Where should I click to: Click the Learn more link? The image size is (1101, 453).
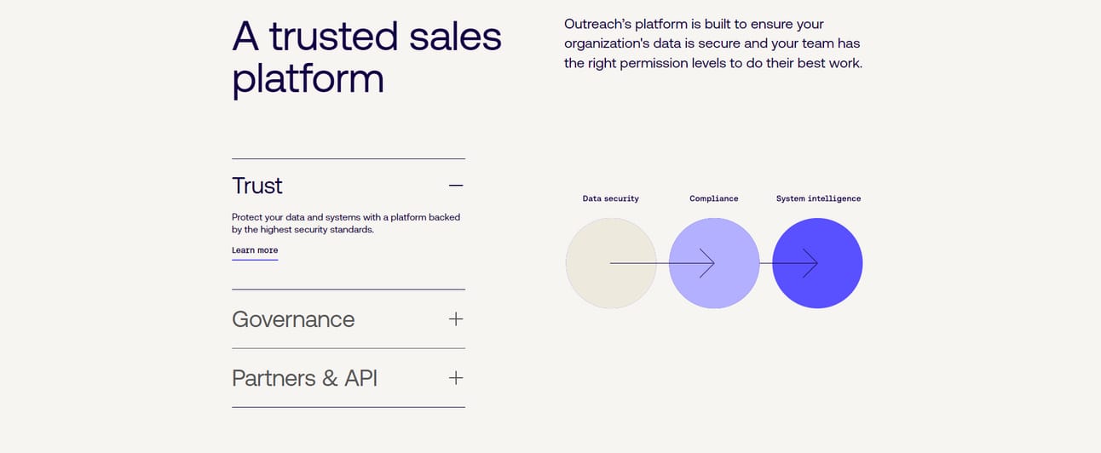255,250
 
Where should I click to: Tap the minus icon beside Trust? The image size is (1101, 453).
456,186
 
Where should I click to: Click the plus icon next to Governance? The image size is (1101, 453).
456,319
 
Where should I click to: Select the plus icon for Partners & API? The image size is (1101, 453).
456,378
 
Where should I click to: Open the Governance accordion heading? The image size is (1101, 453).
293,319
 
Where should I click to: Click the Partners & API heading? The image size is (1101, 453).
304,378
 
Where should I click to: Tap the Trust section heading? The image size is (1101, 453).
257,186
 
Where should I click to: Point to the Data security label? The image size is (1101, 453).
610,198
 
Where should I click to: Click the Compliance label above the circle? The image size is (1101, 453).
713,198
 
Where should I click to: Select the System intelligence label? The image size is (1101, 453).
818,198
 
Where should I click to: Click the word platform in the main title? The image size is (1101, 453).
308,78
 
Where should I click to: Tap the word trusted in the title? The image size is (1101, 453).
333,37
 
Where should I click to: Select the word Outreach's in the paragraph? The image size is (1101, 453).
597,24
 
